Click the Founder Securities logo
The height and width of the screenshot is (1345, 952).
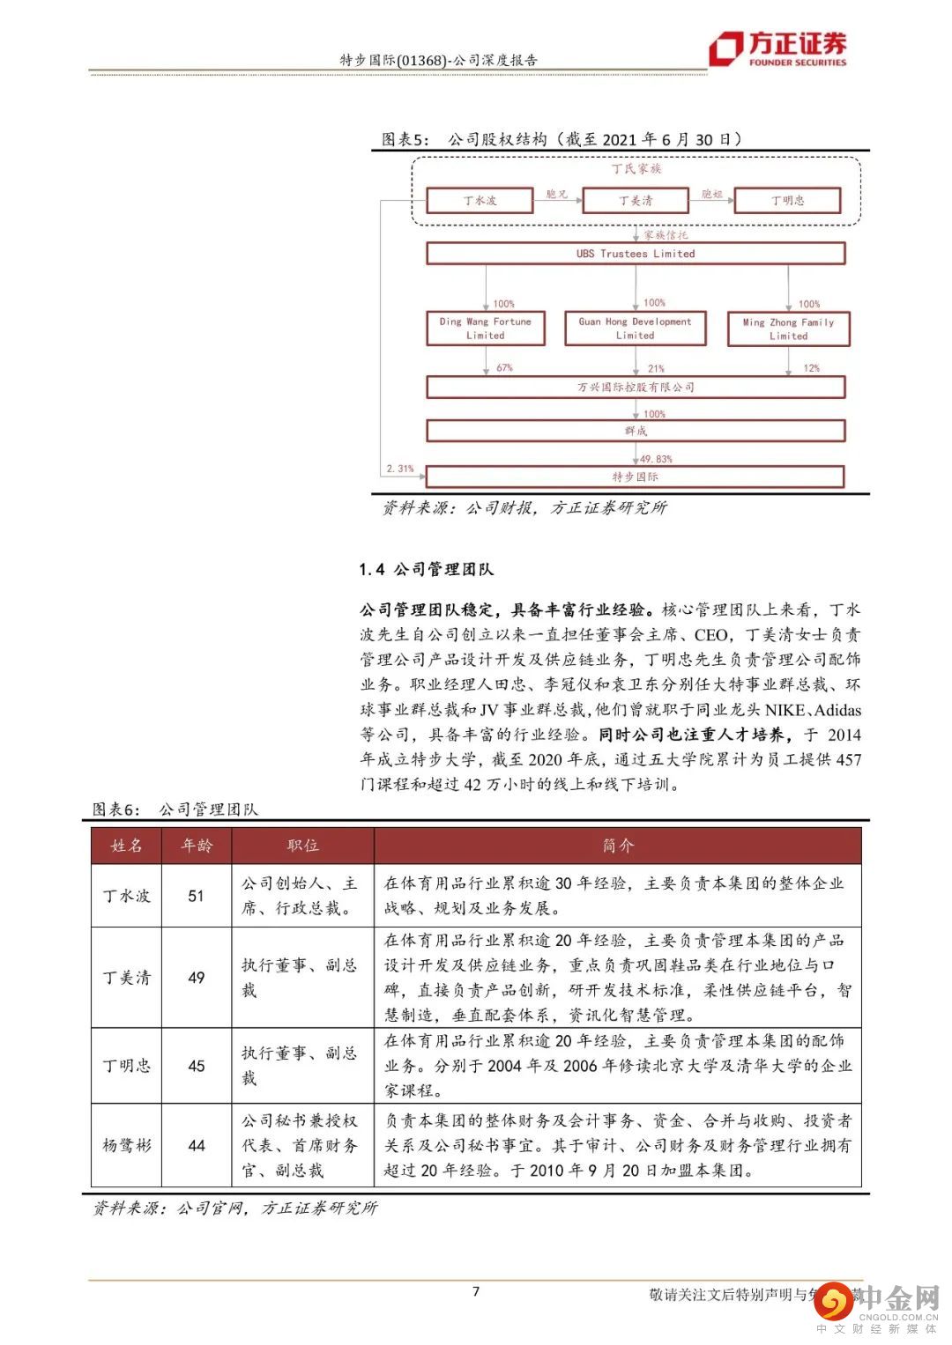click(x=779, y=48)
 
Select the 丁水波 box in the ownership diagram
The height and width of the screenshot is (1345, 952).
click(x=480, y=200)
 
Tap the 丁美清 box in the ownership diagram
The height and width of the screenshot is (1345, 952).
click(x=636, y=200)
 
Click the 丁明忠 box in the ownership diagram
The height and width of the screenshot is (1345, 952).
click(x=787, y=200)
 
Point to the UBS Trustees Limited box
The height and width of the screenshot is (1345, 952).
click(x=636, y=254)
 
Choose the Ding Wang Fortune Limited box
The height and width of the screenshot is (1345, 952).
click(x=485, y=329)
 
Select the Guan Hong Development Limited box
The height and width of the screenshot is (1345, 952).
click(x=636, y=329)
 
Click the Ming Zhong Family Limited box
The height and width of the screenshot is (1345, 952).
click(x=788, y=329)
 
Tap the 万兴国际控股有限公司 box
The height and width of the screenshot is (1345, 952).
click(x=636, y=387)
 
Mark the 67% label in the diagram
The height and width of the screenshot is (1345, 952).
click(x=504, y=367)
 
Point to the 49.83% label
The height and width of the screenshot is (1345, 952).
click(x=656, y=459)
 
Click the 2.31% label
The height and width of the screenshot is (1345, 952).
click(x=399, y=469)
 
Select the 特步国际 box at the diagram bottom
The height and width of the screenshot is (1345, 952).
click(x=636, y=477)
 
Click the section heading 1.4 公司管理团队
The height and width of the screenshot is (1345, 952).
click(x=426, y=569)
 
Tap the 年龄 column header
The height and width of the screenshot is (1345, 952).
click(x=197, y=846)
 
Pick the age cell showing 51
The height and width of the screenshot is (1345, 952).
click(x=197, y=896)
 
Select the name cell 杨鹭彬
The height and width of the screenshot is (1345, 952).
click(x=127, y=1145)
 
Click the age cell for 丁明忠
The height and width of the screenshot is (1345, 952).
click(x=197, y=1066)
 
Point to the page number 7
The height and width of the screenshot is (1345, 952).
click(x=476, y=1291)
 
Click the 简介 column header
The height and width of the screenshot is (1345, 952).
click(x=618, y=846)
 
